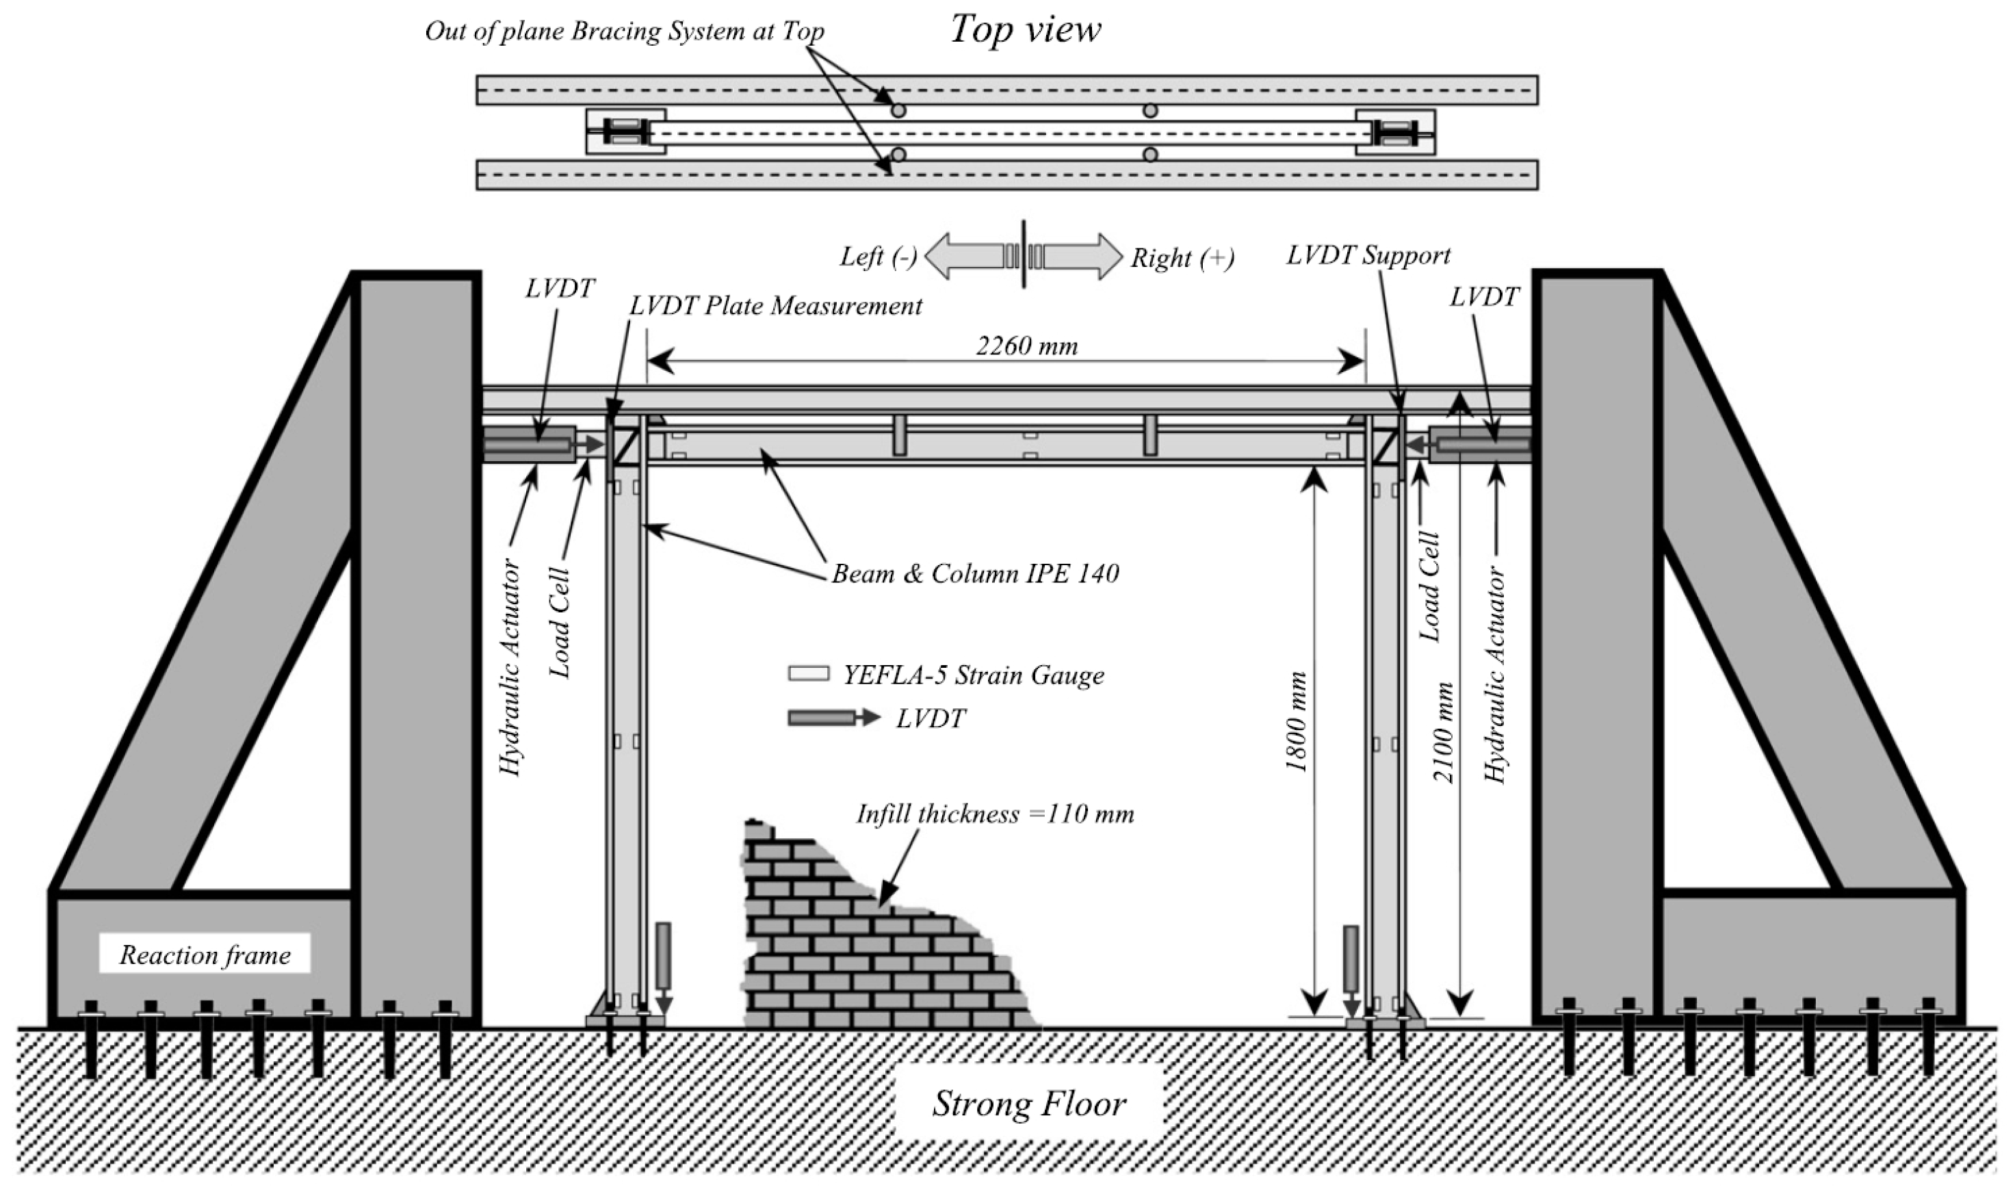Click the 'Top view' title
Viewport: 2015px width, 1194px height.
pyautogui.click(x=1026, y=30)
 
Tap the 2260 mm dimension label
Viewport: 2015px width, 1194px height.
pyautogui.click(x=1026, y=346)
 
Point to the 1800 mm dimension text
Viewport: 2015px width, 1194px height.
pyautogui.click(x=1296, y=722)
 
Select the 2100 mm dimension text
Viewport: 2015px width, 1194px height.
pyautogui.click(x=1444, y=733)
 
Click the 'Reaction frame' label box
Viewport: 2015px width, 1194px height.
pyautogui.click(x=205, y=955)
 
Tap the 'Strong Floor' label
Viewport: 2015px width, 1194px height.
pyautogui.click(x=1029, y=1103)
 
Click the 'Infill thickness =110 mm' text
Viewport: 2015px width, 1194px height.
pyautogui.click(x=995, y=814)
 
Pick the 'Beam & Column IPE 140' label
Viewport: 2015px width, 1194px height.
pyautogui.click(x=975, y=573)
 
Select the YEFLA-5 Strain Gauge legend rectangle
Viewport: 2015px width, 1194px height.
pyautogui.click(x=807, y=673)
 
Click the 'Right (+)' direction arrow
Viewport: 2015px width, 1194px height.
pyautogui.click(x=1082, y=257)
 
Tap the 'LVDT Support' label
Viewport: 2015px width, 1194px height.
pyautogui.click(x=1368, y=256)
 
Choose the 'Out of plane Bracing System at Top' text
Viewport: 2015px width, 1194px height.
pyautogui.click(x=624, y=31)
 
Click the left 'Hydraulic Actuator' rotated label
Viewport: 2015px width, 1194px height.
pyautogui.click(x=511, y=668)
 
